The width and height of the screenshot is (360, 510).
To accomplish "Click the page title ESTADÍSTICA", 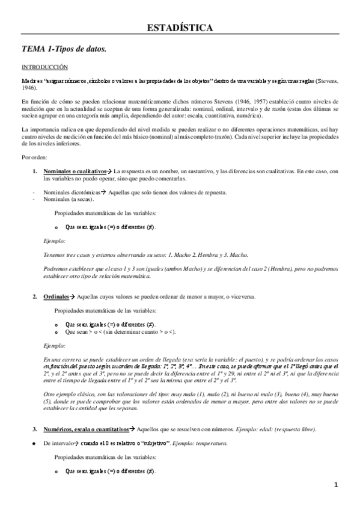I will coord(180,28).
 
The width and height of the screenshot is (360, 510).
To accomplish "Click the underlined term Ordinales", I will coord(56,296).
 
